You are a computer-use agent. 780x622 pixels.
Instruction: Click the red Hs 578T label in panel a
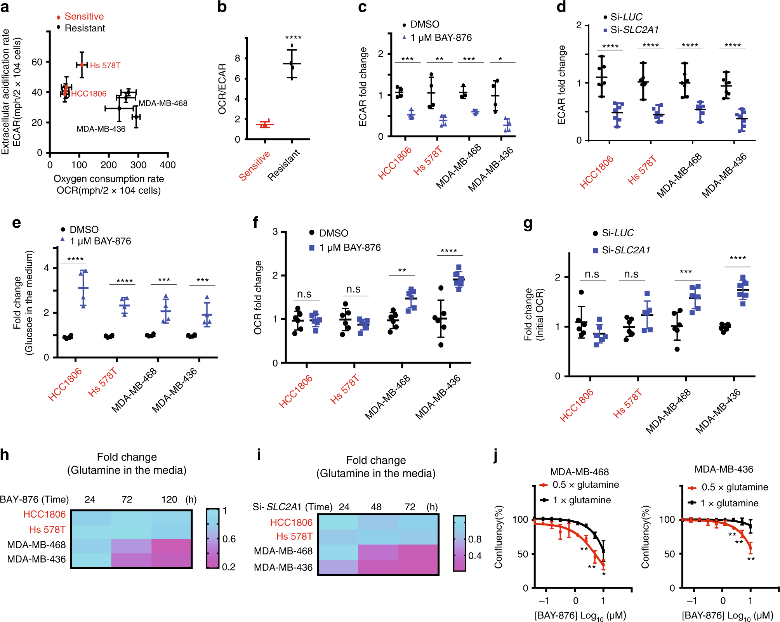click(105, 66)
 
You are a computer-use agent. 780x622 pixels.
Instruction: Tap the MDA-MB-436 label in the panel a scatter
click(101, 129)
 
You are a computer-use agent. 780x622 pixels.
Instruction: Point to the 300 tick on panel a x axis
click(138, 165)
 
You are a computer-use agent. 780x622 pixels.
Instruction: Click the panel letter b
click(222, 7)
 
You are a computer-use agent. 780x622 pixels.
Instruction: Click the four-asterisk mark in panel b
click(293, 38)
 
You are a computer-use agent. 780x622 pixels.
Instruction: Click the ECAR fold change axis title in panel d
click(561, 85)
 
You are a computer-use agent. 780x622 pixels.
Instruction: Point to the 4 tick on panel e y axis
click(47, 268)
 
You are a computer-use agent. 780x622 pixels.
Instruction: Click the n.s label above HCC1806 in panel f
click(304, 294)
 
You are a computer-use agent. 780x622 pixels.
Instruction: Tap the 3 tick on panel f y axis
click(275, 232)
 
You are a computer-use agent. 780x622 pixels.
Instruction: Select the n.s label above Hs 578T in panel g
click(631, 274)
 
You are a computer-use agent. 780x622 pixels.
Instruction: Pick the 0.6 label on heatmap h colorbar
click(229, 539)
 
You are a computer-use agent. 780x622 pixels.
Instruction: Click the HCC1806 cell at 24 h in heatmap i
click(338, 522)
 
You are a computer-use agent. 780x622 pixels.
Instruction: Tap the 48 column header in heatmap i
click(376, 507)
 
